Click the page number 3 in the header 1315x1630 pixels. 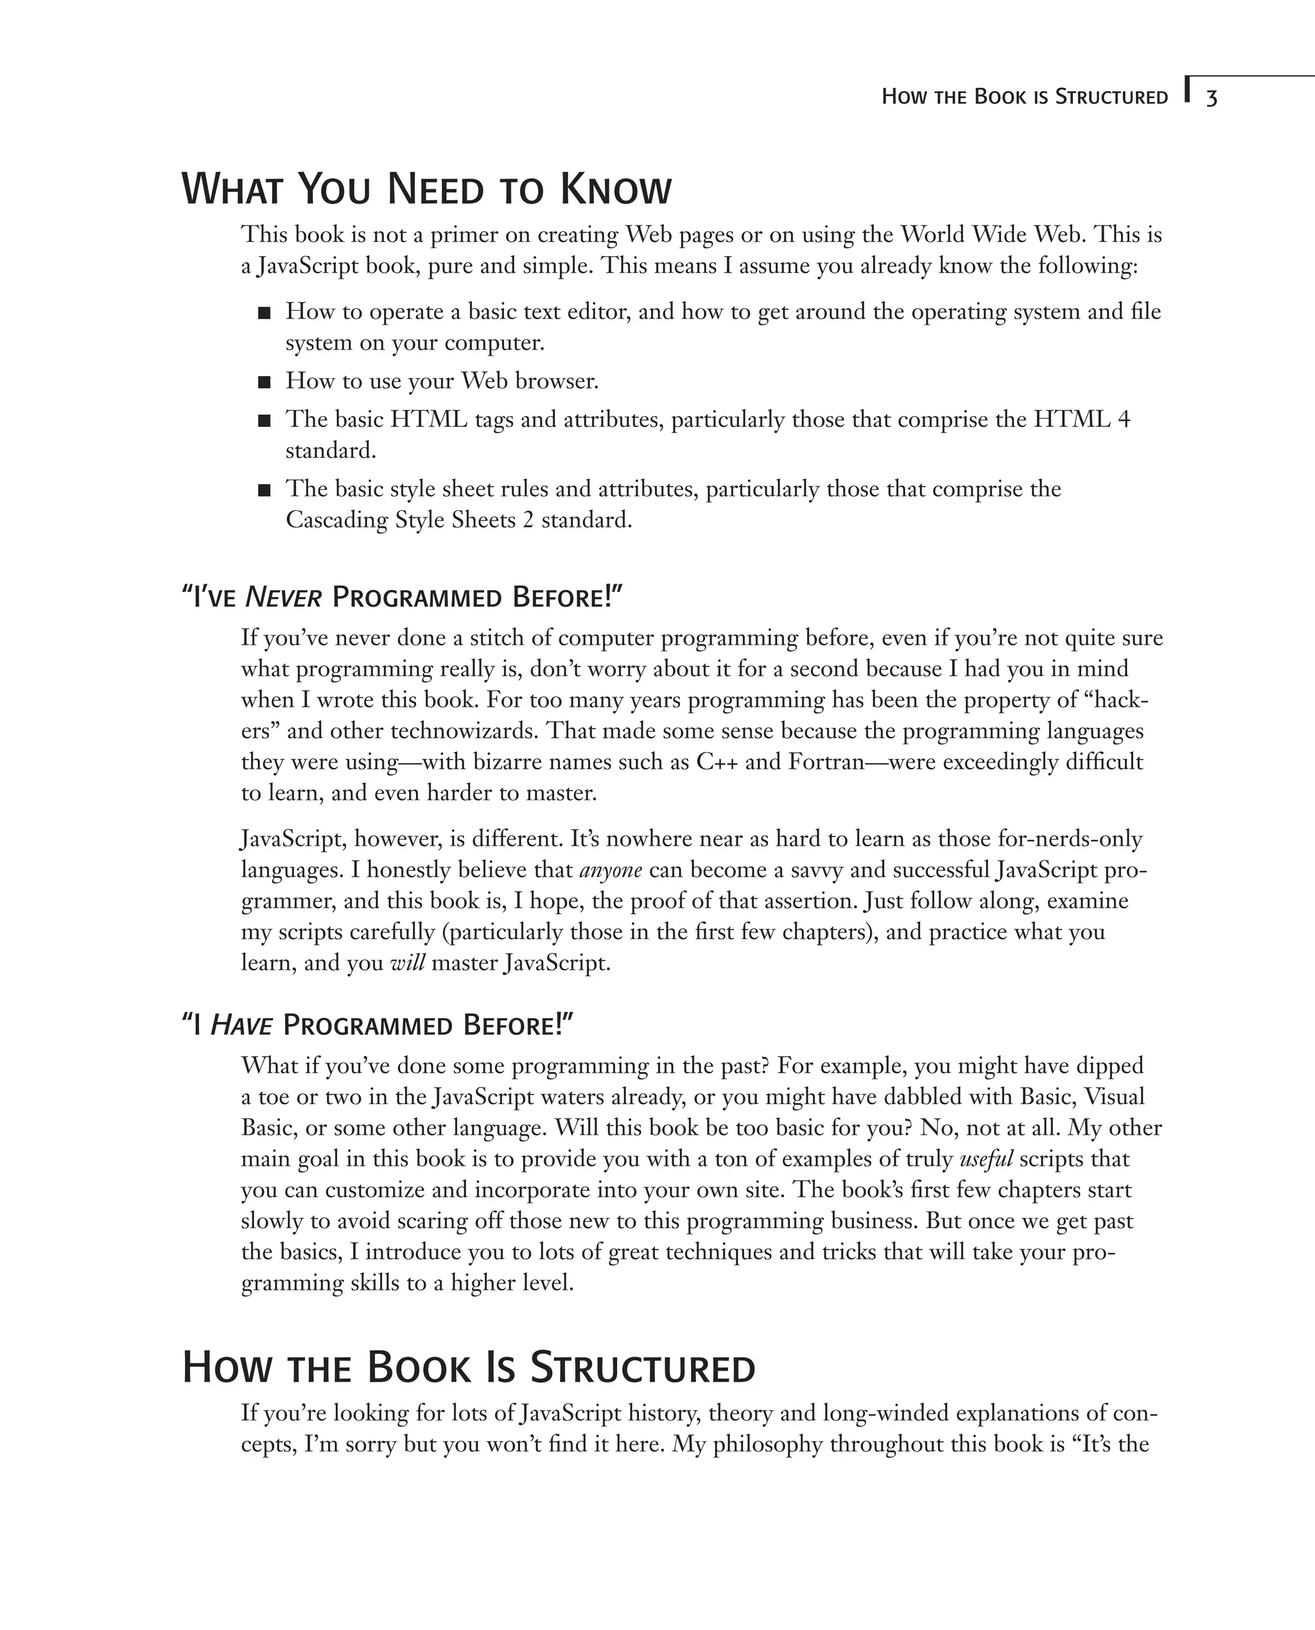point(1211,98)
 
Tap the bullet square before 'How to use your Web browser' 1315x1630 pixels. point(265,383)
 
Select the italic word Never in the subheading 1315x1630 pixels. point(283,598)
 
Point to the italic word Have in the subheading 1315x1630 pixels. point(240,1027)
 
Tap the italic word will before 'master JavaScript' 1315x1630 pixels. point(407,964)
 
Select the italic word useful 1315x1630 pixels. point(986,1159)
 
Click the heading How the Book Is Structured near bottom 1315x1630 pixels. point(469,1368)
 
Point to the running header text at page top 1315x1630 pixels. point(1024,98)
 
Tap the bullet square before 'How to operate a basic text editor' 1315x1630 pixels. point(265,313)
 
